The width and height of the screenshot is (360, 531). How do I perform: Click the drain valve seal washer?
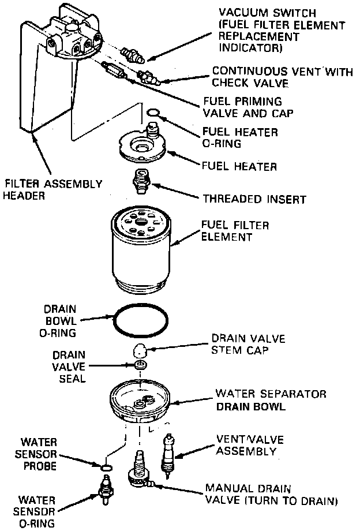pyautogui.click(x=140, y=365)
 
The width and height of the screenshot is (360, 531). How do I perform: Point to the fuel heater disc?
pyautogui.click(x=141, y=145)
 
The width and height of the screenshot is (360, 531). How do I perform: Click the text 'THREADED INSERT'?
pyautogui.click(x=254, y=199)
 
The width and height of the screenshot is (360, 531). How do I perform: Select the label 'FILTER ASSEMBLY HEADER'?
pyautogui.click(x=53, y=189)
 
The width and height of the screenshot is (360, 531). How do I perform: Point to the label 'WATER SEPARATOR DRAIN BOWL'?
pyautogui.click(x=271, y=399)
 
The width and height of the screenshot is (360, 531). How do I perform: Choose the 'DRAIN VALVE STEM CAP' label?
pyautogui.click(x=248, y=343)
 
